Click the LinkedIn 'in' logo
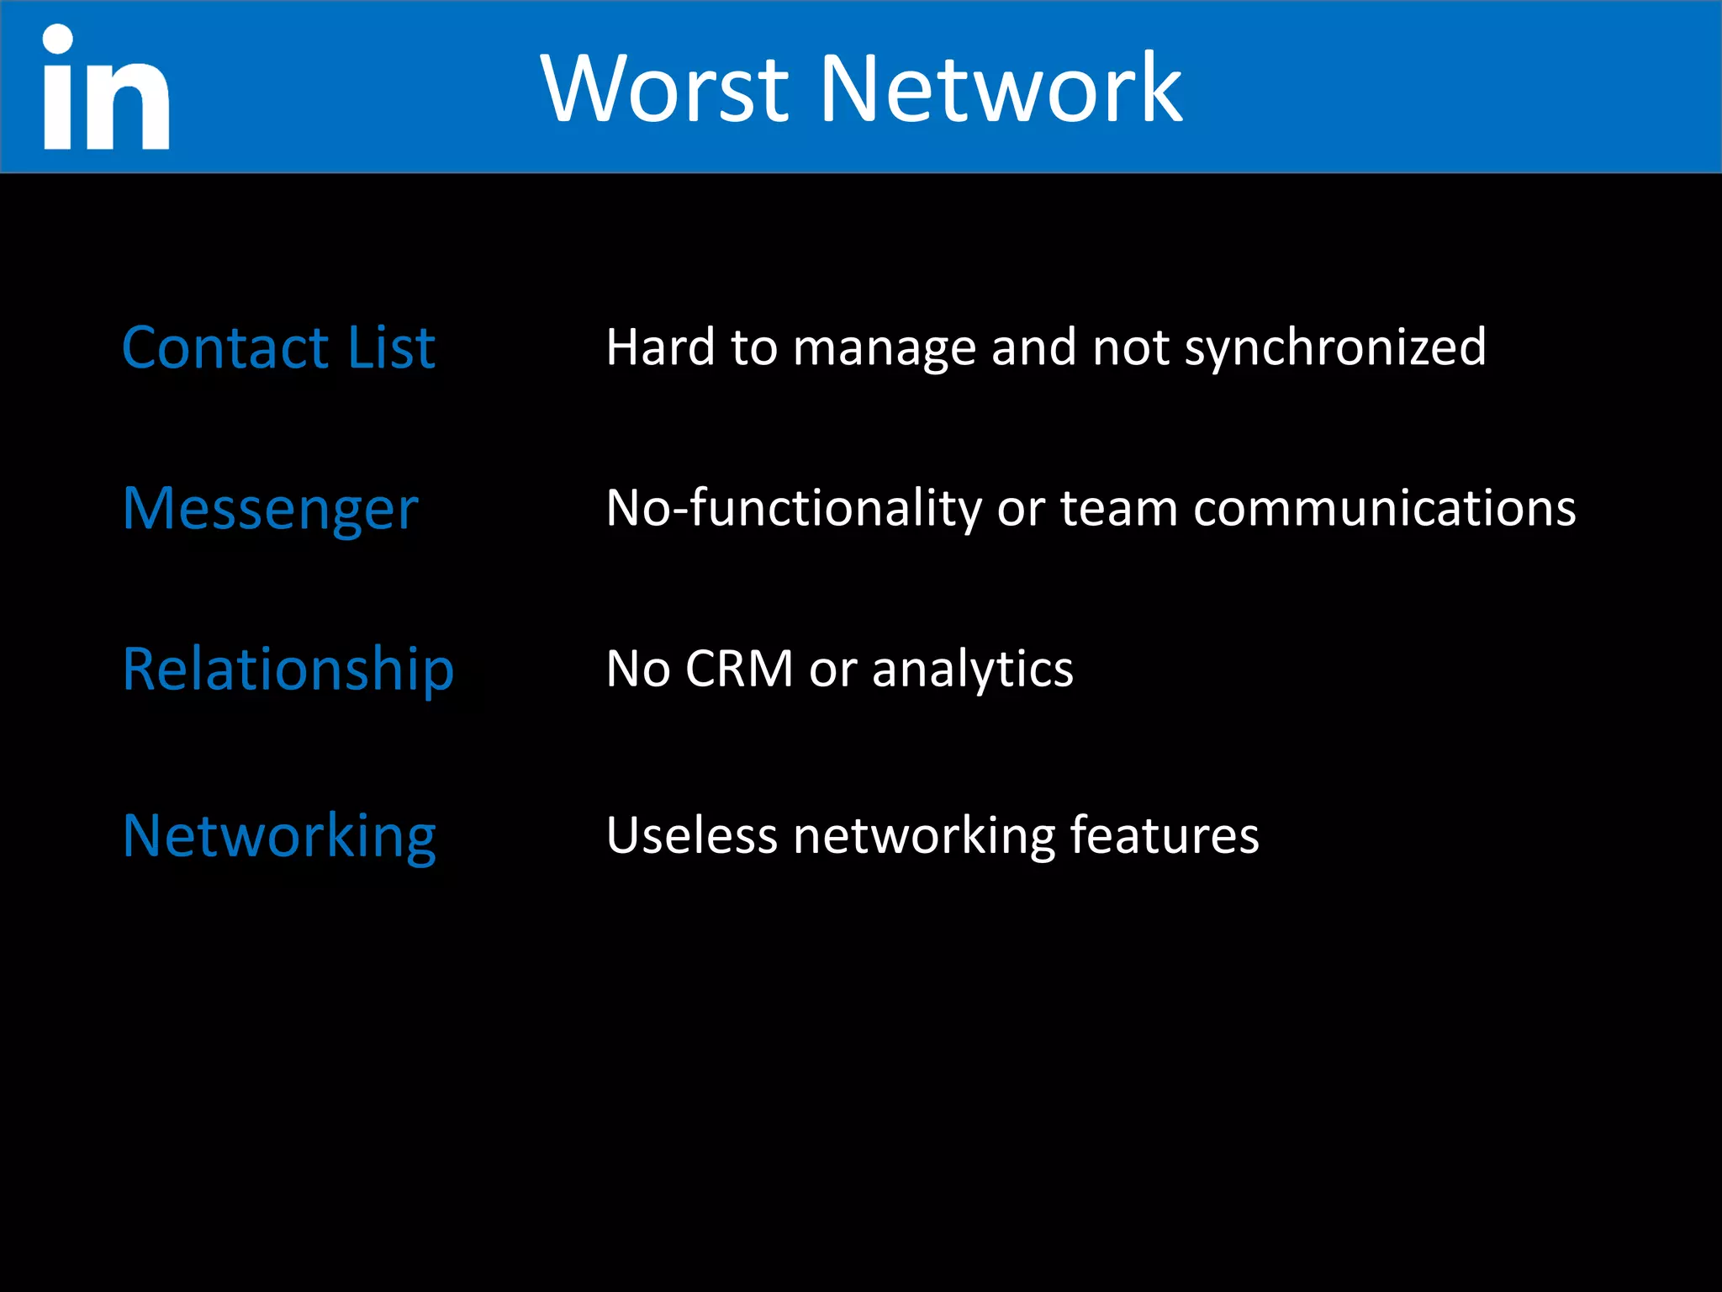[x=106, y=88]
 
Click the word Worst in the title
[x=664, y=88]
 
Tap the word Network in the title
[x=1001, y=88]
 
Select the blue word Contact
[x=225, y=347]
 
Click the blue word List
[x=391, y=347]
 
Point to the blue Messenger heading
[x=270, y=510]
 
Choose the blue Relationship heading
[x=288, y=670]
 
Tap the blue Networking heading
[x=279, y=837]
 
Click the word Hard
[x=660, y=347]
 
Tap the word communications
[x=1384, y=509]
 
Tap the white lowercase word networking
[x=923, y=838]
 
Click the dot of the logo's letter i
[x=58, y=39]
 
